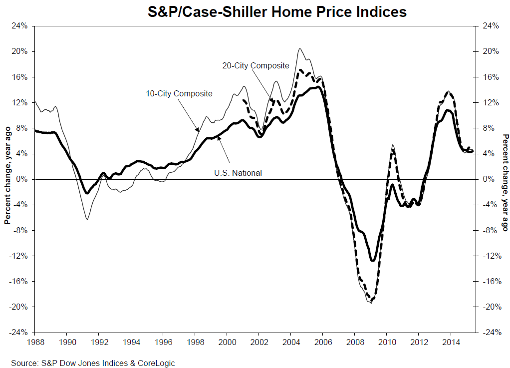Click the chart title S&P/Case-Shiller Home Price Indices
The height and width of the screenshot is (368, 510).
tap(277, 11)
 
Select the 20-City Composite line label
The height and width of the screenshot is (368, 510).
tap(255, 65)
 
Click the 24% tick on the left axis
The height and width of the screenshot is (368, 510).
tap(20, 26)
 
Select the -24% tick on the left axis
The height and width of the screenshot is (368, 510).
tap(19, 333)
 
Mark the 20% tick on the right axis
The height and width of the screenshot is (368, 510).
tap(490, 51)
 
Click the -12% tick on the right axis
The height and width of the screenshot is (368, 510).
tap(491, 256)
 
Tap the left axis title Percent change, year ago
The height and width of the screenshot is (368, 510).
tap(7, 179)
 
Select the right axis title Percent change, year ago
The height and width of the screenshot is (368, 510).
tap(505, 179)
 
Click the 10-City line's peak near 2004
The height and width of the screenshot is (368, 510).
tap(299, 48)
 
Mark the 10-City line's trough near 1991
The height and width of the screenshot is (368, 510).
tap(87, 219)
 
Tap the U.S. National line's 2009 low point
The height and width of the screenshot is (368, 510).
tap(373, 260)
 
